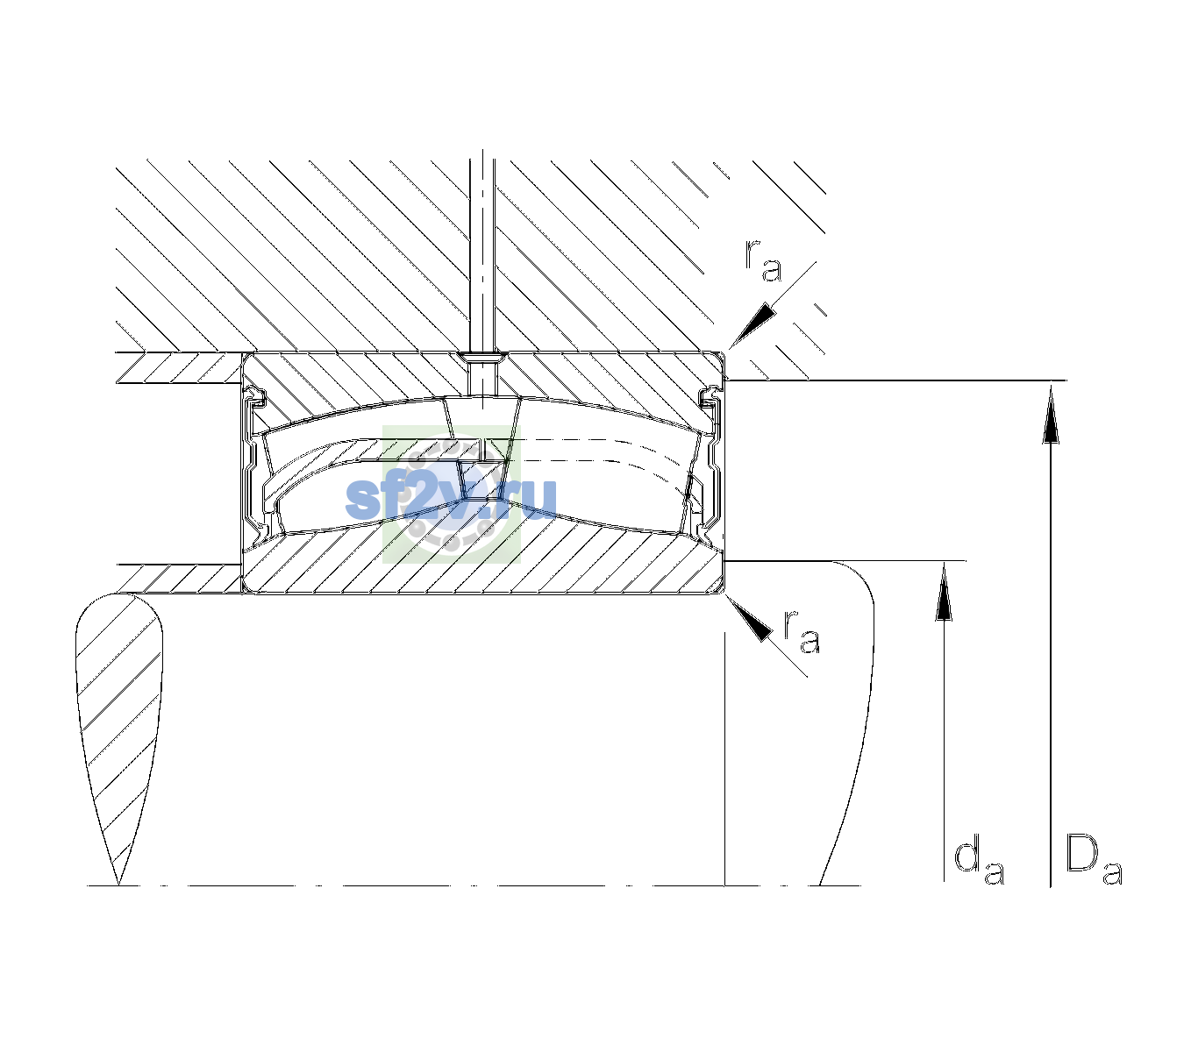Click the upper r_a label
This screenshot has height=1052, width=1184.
coord(763,260)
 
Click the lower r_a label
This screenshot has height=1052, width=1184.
coord(802,631)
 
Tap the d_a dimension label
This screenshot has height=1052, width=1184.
coord(979,864)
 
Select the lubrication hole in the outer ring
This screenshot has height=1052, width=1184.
coord(482,373)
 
